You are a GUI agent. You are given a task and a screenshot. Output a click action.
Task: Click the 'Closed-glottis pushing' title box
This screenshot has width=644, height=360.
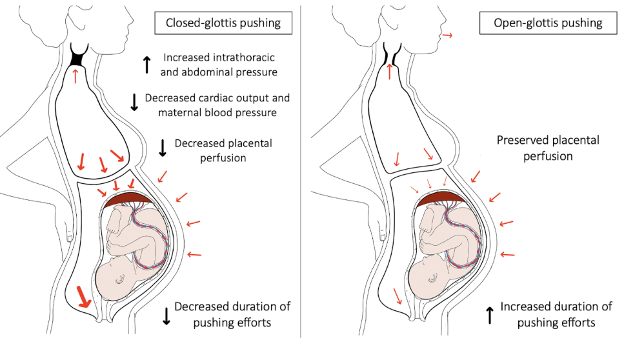tap(223, 23)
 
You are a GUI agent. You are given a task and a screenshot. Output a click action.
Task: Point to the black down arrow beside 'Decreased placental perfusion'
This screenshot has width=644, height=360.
tap(163, 148)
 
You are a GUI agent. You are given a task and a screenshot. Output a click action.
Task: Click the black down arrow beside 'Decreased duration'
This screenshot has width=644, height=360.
tap(166, 314)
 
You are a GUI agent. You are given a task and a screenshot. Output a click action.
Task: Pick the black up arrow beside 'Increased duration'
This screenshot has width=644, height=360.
tap(490, 314)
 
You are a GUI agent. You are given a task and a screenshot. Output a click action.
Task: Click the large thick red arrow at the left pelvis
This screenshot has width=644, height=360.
tap(83, 297)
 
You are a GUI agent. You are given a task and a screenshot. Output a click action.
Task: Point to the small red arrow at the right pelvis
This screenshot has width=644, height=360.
tap(397, 295)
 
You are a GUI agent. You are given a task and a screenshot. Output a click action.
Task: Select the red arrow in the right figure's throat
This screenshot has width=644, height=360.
tap(390, 70)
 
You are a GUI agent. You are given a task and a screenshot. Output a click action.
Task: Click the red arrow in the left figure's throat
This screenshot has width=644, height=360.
tap(75, 76)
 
